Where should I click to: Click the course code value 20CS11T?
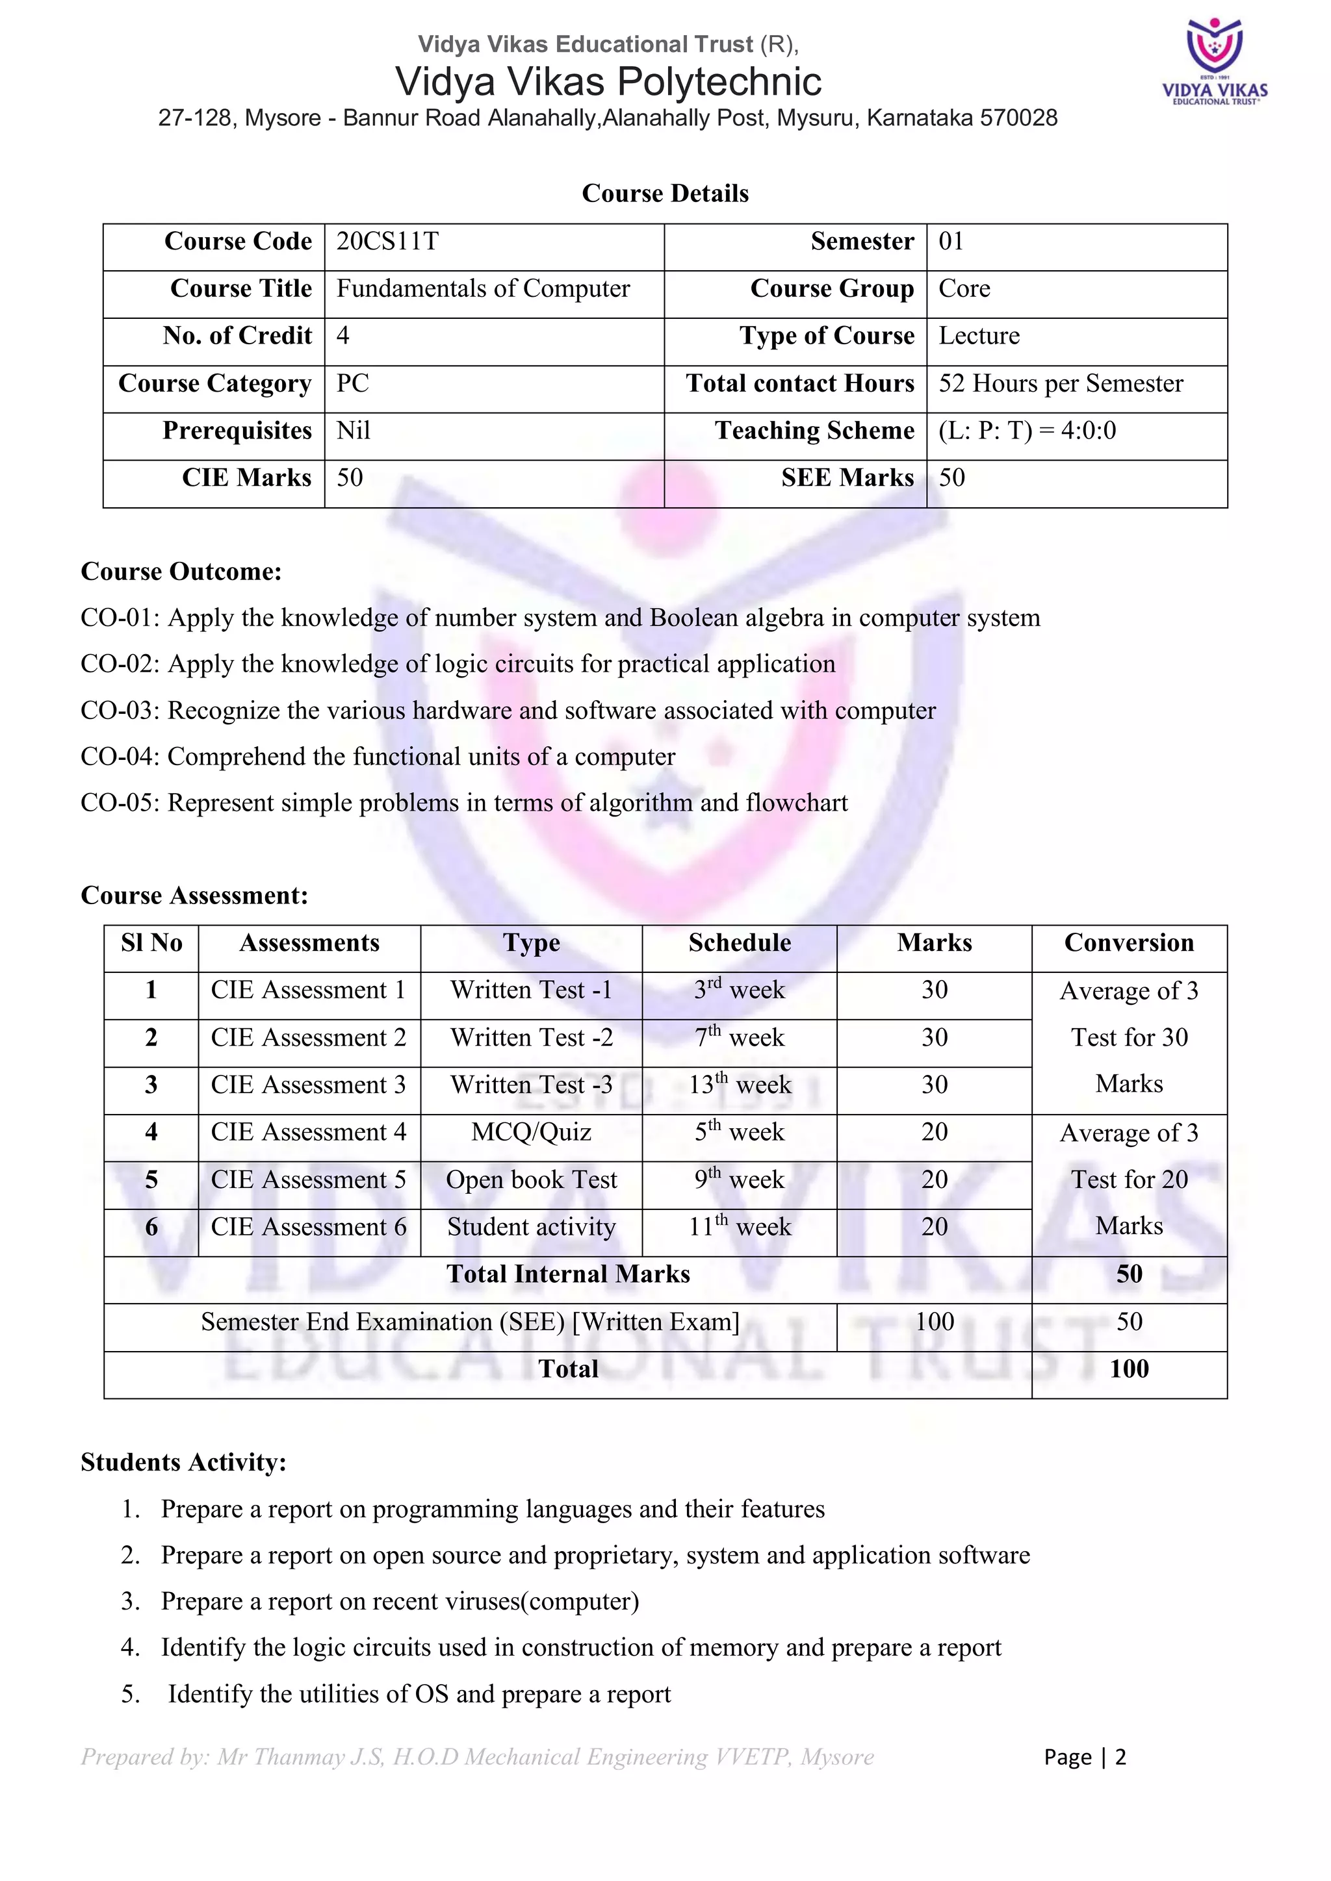387,242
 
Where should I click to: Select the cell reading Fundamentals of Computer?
483,288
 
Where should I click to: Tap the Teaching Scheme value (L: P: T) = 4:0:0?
1026,430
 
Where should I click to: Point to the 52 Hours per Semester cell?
1061,383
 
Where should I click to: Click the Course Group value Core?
964,288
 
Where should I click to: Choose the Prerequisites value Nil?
354,430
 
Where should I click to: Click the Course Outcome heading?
181,571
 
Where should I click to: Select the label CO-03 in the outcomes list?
120,711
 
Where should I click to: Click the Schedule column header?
739,943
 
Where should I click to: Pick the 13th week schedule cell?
739,1085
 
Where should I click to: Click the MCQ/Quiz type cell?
531,1132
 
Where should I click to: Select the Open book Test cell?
531,1180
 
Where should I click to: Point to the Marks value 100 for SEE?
935,1322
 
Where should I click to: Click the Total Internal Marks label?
568,1274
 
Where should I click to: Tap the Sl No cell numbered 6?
151,1227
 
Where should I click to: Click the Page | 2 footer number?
1084,1758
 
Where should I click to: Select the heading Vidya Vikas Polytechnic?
608,82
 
